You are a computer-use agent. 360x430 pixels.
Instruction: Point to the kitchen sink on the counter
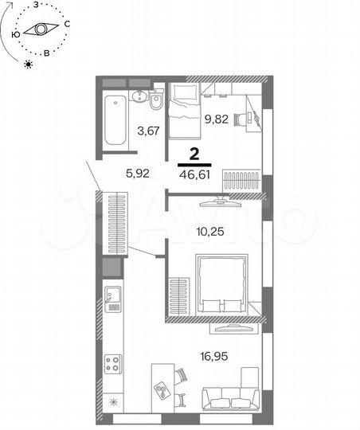click(x=113, y=300)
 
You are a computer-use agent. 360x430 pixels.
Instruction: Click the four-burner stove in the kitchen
click(x=112, y=363)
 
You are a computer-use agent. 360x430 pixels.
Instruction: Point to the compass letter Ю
click(x=15, y=34)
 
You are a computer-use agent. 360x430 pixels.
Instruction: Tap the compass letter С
click(x=68, y=25)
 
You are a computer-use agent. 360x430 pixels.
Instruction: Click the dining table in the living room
click(x=165, y=385)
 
